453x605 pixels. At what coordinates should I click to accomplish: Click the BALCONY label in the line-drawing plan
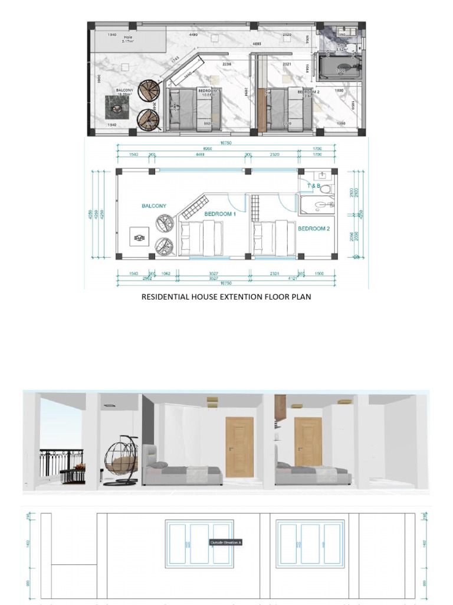(x=154, y=206)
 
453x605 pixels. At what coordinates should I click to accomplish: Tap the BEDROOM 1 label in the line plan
(x=220, y=214)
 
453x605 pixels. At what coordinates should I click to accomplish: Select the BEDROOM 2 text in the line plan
(x=313, y=229)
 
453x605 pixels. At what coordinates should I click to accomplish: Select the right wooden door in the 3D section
(x=308, y=442)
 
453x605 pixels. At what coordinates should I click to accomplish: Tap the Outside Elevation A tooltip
(x=226, y=542)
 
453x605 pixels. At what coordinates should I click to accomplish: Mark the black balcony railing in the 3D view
(x=62, y=461)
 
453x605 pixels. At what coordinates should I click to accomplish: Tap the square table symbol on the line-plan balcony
(x=140, y=238)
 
